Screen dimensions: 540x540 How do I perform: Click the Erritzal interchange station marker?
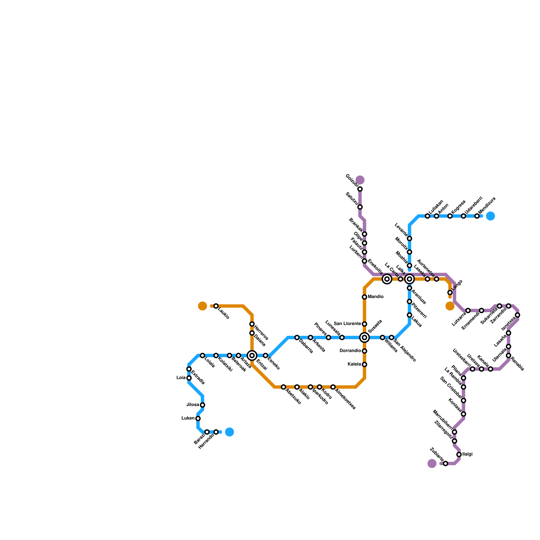252,355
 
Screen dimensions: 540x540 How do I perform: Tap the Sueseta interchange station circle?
364,337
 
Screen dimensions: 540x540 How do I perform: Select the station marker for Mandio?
364,297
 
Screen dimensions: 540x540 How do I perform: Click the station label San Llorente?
347,324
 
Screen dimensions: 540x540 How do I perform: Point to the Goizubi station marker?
360,189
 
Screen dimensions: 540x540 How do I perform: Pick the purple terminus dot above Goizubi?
360,180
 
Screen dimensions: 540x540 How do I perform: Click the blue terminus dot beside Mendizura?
491,216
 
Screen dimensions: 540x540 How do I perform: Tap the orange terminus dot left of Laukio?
202,306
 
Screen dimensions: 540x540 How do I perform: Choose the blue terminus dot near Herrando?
230,432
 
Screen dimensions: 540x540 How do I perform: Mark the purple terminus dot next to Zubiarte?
432,463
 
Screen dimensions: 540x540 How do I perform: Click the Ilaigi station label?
467,455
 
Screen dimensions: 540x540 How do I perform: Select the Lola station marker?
189,378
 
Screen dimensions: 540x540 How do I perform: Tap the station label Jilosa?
193,405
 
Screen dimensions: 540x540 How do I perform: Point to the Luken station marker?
198,418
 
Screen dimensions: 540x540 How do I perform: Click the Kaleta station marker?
364,364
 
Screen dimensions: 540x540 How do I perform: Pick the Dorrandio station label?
350,351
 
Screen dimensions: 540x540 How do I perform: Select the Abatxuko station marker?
283,387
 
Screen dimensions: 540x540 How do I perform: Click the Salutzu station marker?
360,207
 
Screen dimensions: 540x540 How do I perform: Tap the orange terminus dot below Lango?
450,306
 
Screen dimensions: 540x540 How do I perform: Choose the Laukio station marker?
216,306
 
